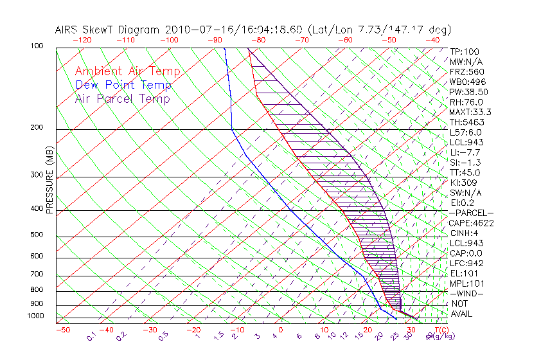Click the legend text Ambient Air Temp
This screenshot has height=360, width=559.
pyautogui.click(x=127, y=71)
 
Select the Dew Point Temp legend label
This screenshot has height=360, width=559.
pyautogui.click(x=123, y=85)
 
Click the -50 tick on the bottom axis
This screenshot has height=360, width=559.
pyautogui.click(x=62, y=330)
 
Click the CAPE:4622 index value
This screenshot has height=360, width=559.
pyautogui.click(x=471, y=223)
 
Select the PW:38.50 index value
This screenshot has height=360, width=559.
pyautogui.click(x=468, y=92)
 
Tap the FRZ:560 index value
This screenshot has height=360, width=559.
pyautogui.click(x=467, y=71)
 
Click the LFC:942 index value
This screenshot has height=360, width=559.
pyautogui.click(x=466, y=264)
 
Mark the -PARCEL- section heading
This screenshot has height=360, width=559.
pyautogui.click(x=471, y=213)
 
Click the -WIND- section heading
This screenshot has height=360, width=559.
pyautogui.click(x=466, y=294)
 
